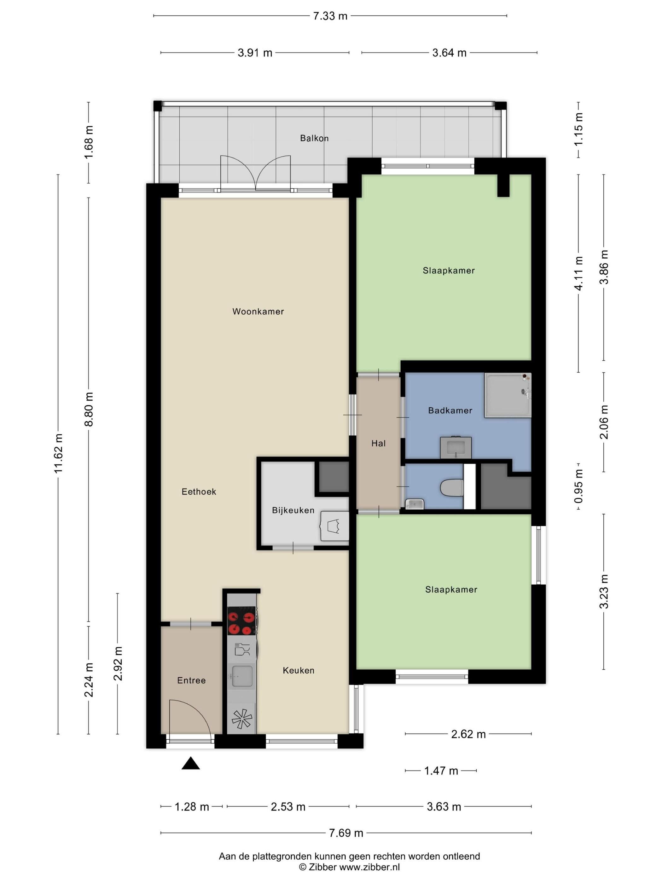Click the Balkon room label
[x=314, y=138]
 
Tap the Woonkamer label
[x=258, y=312]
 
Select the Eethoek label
[x=199, y=492]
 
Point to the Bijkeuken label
[x=293, y=510]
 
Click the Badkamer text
[x=450, y=410]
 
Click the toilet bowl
[x=452, y=488]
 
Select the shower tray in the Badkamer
[x=508, y=395]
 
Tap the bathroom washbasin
[x=455, y=447]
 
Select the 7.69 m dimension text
[x=346, y=833]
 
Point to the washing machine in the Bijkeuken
[x=335, y=526]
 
